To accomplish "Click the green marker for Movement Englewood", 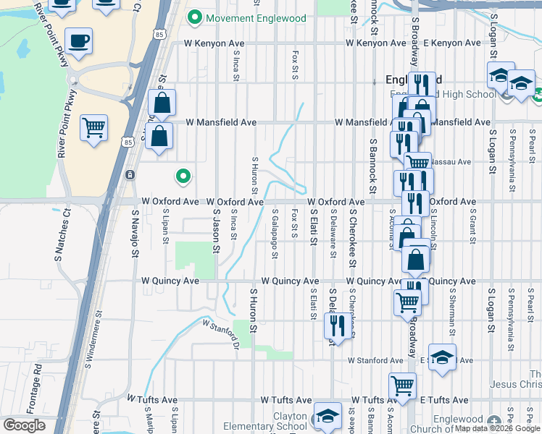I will [x=194, y=17].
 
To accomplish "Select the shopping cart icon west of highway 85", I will [x=94, y=129].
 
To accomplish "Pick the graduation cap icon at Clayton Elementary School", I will [x=328, y=417].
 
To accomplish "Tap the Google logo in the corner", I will [x=24, y=425].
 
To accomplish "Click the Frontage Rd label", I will [x=38, y=383].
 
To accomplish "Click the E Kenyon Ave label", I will [x=452, y=43].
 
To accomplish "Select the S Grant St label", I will [x=472, y=226].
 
